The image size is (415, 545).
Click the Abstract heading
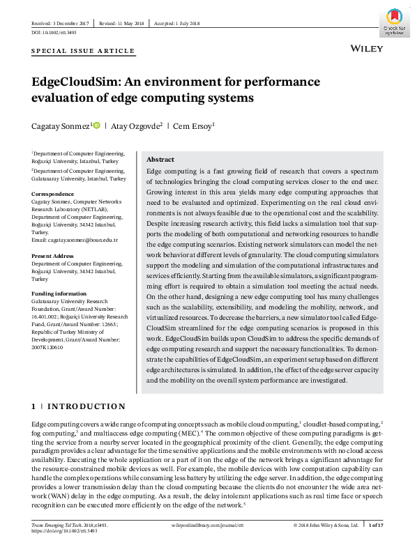(160, 160)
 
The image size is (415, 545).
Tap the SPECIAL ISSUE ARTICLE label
(83, 52)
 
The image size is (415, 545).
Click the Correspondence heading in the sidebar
(52, 194)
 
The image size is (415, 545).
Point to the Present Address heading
(55, 256)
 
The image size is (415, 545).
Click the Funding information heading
(59, 294)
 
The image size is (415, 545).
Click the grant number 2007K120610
(47, 347)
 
